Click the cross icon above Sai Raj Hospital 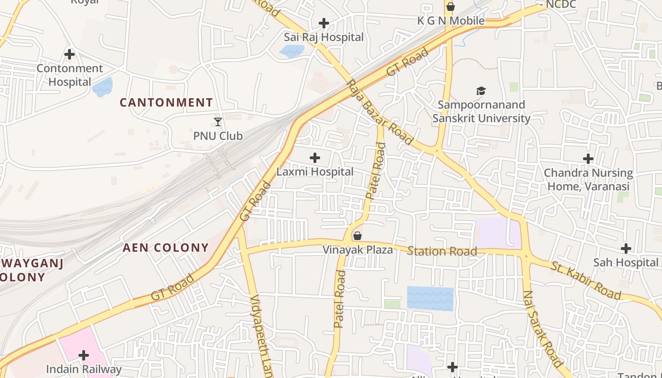click(324, 23)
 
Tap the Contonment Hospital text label click(70, 75)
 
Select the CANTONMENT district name click(166, 103)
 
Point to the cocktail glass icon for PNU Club click(218, 122)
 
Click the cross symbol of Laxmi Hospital click(315, 158)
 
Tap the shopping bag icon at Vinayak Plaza click(358, 235)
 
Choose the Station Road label click(442, 251)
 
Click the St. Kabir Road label click(585, 280)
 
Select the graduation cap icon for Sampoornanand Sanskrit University click(481, 91)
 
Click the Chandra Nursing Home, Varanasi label click(588, 179)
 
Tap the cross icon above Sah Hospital click(626, 249)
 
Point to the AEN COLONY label click(165, 248)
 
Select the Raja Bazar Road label click(380, 112)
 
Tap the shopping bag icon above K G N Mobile click(451, 7)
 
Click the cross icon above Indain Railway click(84, 355)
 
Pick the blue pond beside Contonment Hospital click(103, 87)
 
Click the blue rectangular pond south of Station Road click(430, 299)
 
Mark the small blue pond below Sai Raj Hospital click(292, 51)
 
